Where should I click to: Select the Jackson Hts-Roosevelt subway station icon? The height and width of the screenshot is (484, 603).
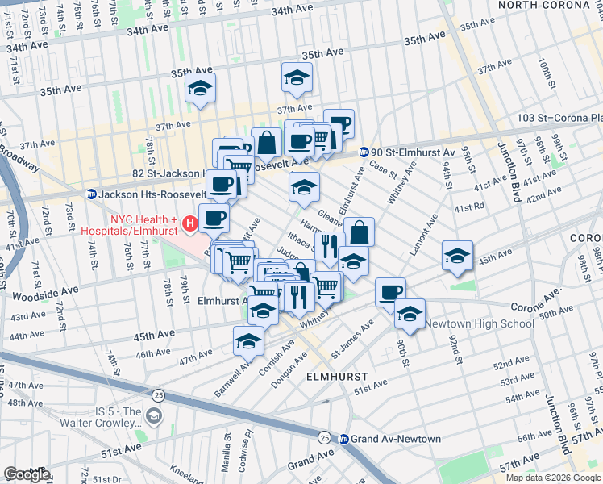tap(92, 194)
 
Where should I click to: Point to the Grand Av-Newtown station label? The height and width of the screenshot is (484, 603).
tap(395, 439)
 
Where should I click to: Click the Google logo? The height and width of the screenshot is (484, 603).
tap(26, 474)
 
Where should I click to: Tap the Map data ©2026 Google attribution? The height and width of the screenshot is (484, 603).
tap(552, 478)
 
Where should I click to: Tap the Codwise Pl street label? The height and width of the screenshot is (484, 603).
tap(246, 444)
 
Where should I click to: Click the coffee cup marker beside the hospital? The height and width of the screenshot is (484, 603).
tap(214, 218)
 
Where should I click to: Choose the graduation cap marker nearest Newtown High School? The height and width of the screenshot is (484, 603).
tap(410, 314)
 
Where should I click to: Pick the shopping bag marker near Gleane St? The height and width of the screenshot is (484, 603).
tap(360, 233)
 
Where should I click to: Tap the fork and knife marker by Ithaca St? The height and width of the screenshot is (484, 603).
tap(328, 245)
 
